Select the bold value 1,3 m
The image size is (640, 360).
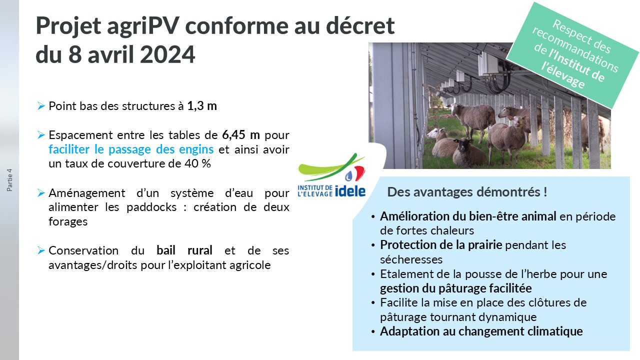202,106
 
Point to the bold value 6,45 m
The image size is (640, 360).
241,135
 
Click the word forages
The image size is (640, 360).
68,221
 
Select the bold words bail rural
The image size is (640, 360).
184,250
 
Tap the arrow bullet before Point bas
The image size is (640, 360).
41,106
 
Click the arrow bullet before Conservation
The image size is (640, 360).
41,250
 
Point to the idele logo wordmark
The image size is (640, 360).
350,191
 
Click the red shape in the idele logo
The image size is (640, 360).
359,173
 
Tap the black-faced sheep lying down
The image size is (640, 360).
469,153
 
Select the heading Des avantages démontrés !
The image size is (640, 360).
467,191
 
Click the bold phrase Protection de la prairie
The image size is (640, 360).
441,245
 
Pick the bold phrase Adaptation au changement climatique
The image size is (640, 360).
481,331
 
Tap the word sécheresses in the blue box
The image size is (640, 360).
411,259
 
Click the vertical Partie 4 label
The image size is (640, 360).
9,180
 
